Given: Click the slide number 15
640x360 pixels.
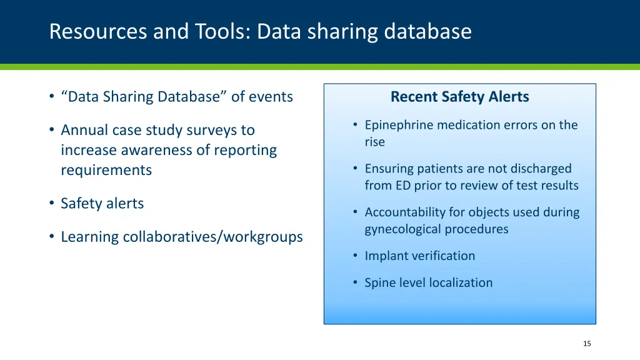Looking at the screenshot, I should pos(586,343).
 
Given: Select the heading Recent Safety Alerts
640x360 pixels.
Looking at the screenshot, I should pos(459,97).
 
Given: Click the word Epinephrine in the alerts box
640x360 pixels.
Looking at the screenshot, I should pos(399,125).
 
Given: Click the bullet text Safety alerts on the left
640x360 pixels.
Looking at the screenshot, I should pos(102,203).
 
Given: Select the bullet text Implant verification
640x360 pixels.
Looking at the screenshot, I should pos(419,256).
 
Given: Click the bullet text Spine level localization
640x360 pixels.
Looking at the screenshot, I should pos(428,282).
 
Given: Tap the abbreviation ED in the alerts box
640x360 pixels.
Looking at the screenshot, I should pos(402,186).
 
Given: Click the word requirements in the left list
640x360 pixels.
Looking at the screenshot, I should pos(106,170).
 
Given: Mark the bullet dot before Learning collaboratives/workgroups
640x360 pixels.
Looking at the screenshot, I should pos(51,237).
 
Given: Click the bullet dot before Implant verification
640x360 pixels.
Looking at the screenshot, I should pos(354,256).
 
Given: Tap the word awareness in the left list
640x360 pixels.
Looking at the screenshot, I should pos(169,150).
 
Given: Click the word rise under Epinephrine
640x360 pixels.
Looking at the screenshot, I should pos(374,142).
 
